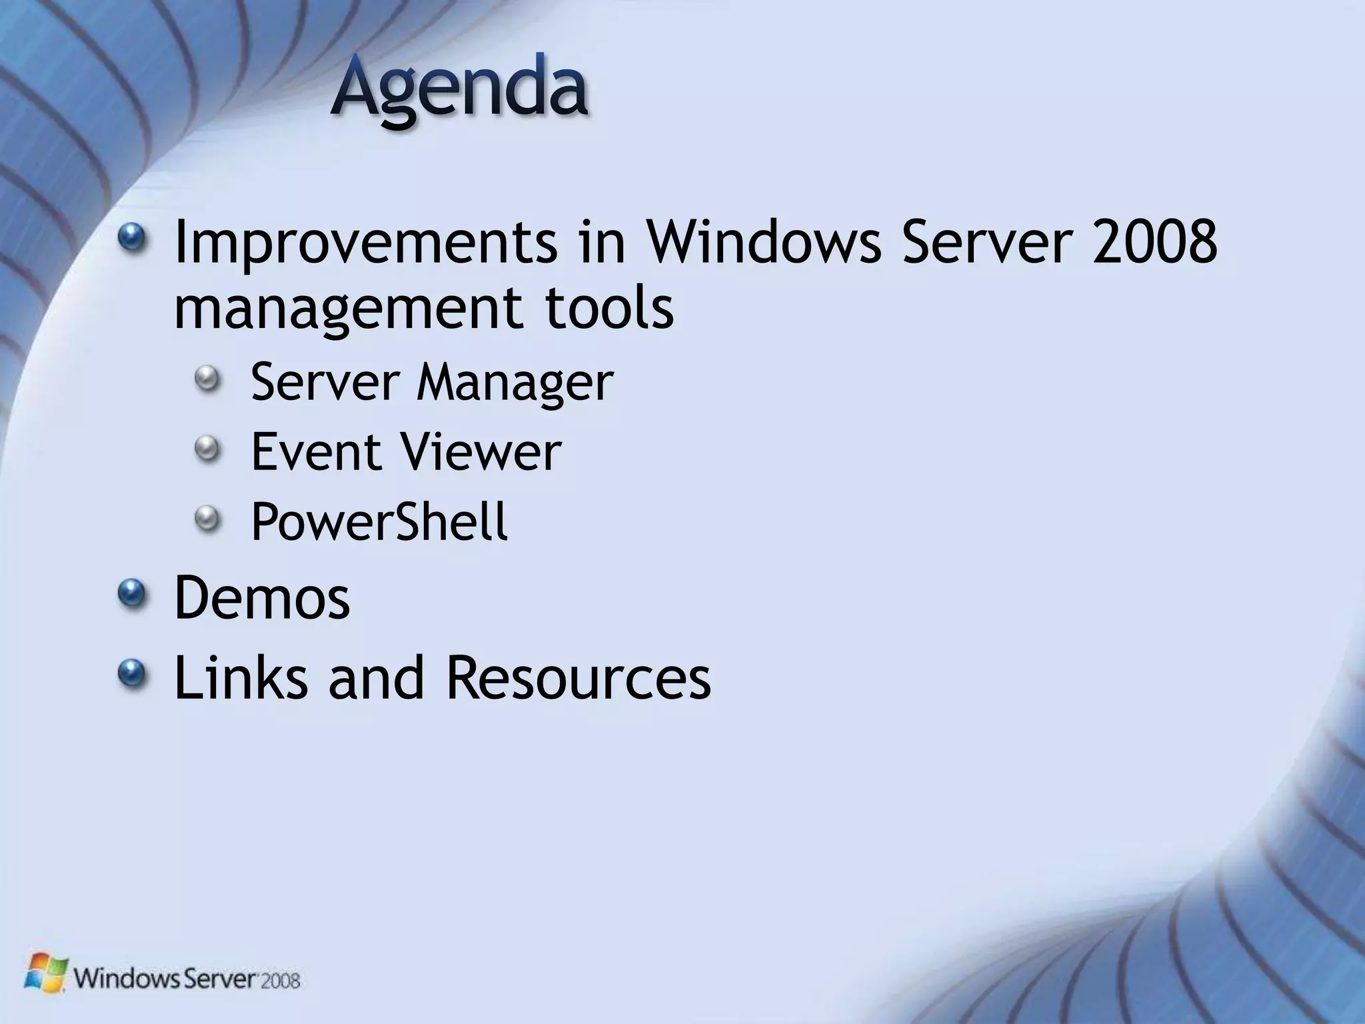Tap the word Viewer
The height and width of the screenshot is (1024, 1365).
click(481, 452)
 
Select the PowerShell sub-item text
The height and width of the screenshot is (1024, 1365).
click(379, 522)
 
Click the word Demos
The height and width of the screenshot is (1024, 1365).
click(262, 598)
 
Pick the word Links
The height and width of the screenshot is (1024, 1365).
click(241, 677)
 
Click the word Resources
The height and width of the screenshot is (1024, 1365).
click(578, 677)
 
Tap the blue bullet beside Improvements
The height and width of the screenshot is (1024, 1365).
click(133, 237)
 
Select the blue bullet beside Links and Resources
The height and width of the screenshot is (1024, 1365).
click(133, 672)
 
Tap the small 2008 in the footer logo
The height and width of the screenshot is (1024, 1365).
click(280, 981)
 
